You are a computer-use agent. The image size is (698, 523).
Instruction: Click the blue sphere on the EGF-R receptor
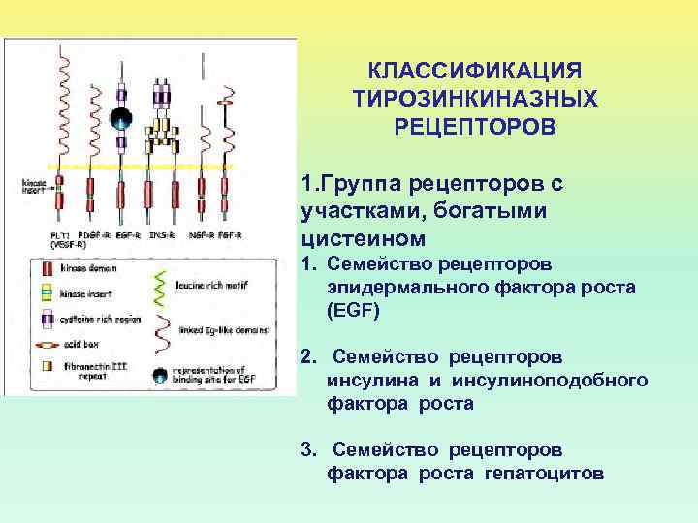(121, 119)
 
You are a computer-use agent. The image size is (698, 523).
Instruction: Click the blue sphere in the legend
(162, 374)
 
